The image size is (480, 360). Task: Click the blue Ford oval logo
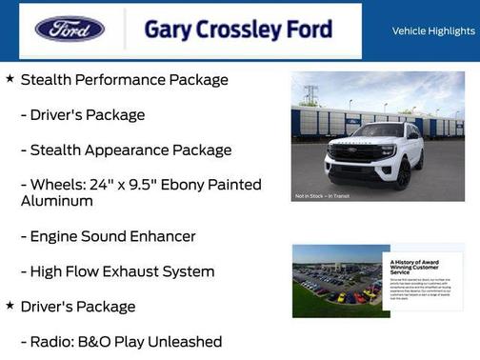pyautogui.click(x=70, y=29)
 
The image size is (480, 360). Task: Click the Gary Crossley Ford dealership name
pyautogui.click(x=238, y=30)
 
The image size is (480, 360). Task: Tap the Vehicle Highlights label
pyautogui.click(x=433, y=31)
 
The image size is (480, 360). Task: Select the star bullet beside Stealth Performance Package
pyautogui.click(x=10, y=78)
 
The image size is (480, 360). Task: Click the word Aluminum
pyautogui.click(x=57, y=202)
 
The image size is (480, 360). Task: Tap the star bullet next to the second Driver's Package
pyautogui.click(x=10, y=305)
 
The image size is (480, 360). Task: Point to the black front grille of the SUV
pyautogui.click(x=354, y=153)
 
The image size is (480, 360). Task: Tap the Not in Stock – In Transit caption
pyautogui.click(x=321, y=196)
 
